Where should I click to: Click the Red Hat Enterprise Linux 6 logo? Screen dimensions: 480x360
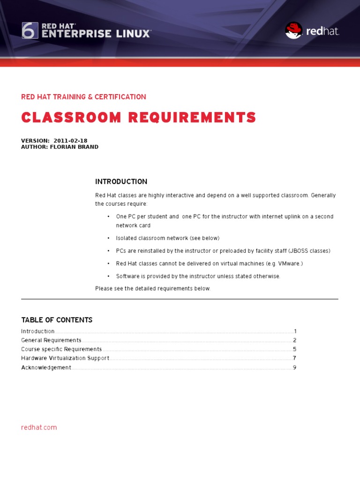tap(86, 30)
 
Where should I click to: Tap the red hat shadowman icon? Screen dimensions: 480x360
tap(294, 30)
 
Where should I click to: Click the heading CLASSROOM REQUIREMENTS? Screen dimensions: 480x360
tap(138, 118)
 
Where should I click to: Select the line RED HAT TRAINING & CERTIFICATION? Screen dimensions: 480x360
tap(83, 97)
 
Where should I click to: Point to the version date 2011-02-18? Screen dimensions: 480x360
tap(70, 141)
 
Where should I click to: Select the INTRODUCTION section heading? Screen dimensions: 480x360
tap(121, 182)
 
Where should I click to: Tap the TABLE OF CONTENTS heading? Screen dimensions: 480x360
tap(57, 320)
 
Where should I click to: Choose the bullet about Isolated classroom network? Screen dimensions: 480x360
tap(167, 238)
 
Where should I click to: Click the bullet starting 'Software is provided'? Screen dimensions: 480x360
tap(198, 276)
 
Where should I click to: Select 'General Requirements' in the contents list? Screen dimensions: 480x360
tap(51, 340)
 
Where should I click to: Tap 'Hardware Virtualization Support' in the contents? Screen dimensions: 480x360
tap(65, 358)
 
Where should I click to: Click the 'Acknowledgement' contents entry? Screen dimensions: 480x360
tap(46, 367)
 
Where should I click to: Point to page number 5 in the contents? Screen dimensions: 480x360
tap(294, 349)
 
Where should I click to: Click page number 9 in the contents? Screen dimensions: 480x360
tap(294, 367)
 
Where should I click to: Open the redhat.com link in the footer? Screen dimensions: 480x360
tap(39, 427)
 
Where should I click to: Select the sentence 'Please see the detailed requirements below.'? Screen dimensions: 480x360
tap(153, 288)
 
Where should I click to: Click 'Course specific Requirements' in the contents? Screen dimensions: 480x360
tap(61, 349)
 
